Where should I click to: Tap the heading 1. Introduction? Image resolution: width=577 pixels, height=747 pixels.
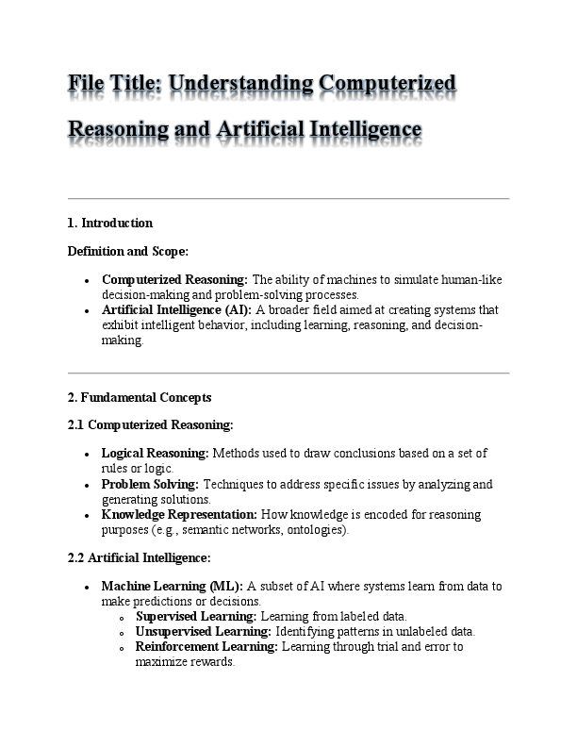tap(110, 224)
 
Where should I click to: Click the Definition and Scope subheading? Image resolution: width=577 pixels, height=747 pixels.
tap(128, 251)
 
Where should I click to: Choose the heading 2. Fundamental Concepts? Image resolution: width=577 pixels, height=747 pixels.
tap(140, 397)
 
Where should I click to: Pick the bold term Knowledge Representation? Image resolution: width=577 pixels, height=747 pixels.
tap(179, 515)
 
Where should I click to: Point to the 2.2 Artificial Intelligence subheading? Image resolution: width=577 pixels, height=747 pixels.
tap(140, 557)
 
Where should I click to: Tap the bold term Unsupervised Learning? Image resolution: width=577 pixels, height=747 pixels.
tap(204, 631)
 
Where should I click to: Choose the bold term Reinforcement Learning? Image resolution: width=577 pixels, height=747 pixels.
tap(206, 646)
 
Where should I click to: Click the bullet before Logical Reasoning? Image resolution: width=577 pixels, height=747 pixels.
tap(87, 454)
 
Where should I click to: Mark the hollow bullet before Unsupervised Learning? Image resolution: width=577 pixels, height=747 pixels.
tap(123, 633)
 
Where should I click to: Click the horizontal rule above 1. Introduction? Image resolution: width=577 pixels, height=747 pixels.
tap(288, 199)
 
